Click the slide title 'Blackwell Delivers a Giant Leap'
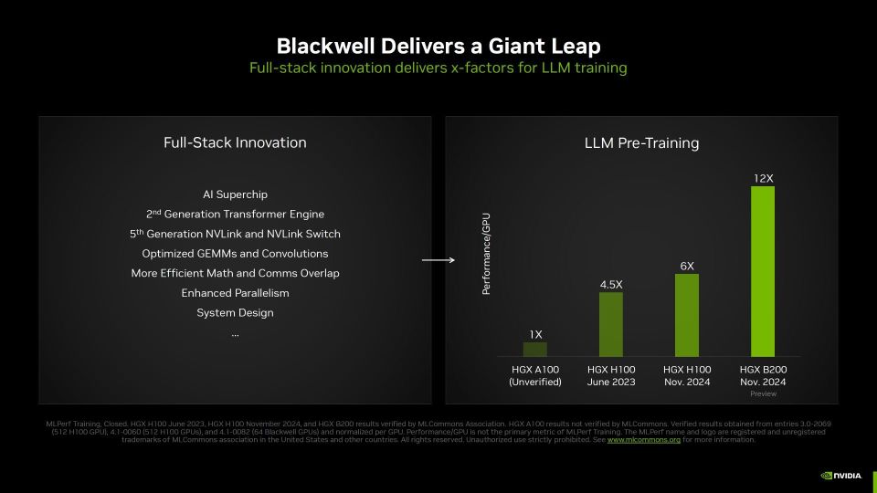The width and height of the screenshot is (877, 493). [438, 46]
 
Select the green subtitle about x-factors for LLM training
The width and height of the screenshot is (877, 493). [438, 68]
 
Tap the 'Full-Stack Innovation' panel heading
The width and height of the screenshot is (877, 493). [235, 142]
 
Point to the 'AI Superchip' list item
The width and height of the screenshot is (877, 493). [235, 194]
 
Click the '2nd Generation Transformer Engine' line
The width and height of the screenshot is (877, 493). [235, 215]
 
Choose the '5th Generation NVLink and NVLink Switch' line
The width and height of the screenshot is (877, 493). [235, 234]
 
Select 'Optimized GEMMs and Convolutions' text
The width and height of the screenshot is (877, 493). [235, 254]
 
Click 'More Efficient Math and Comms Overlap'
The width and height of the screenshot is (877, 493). [235, 273]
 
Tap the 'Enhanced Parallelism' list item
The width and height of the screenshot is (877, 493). [235, 293]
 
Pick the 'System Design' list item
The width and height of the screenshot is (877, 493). [235, 313]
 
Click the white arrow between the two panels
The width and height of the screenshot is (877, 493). [438, 261]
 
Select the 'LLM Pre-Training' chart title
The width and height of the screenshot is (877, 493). [641, 143]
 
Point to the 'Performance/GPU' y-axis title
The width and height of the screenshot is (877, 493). [487, 254]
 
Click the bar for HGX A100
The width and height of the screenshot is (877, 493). [535, 349]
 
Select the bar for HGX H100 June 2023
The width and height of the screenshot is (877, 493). [611, 324]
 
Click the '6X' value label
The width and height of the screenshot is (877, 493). [687, 266]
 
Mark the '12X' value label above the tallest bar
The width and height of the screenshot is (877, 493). [762, 178]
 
